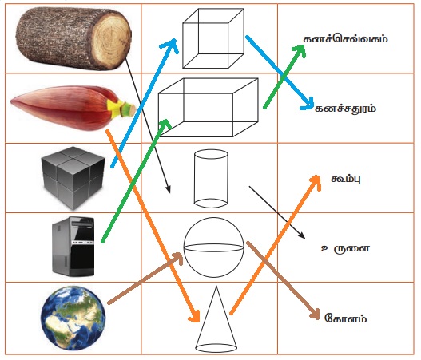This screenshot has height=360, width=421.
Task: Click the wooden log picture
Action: click(73, 38)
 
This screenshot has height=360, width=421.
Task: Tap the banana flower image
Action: click(73, 108)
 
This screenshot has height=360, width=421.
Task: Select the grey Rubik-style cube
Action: click(73, 177)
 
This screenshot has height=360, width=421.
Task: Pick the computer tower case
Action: click(73, 247)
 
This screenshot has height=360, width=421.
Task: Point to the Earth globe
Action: click(73, 318)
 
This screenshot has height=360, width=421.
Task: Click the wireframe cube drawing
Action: click(213, 38)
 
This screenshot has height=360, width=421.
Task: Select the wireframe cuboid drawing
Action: click(209, 108)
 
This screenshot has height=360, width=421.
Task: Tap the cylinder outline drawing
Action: click(211, 179)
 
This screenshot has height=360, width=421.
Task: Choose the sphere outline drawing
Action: click(214, 247)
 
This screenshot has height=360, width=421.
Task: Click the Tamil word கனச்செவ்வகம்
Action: click(346, 39)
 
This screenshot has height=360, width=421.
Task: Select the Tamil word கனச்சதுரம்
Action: click(346, 109)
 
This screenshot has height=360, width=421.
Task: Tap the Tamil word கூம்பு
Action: click(346, 179)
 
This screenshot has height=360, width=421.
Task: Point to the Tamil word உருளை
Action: click(346, 248)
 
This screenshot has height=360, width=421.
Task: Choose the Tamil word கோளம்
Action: click(346, 318)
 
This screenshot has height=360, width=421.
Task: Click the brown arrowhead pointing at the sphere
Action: click(177, 258)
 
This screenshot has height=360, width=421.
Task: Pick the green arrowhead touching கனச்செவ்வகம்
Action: click(300, 50)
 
